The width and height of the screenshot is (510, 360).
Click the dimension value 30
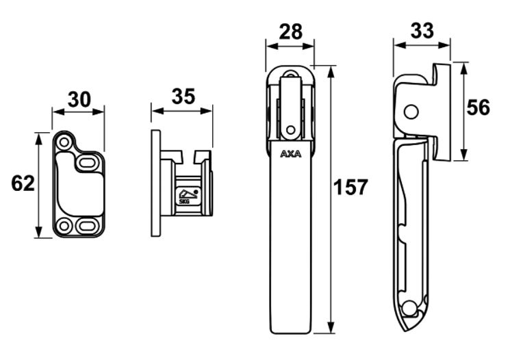pyautogui.click(x=79, y=100)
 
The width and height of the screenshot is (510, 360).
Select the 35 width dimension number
pyautogui.click(x=182, y=97)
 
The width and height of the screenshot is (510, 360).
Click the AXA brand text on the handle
pyautogui.click(x=290, y=155)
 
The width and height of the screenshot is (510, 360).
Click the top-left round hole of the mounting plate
pyautogui.click(x=65, y=142)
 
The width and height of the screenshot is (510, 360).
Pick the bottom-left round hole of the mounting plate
pyautogui.click(x=65, y=226)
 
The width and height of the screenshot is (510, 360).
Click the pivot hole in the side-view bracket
pyautogui.click(x=411, y=111)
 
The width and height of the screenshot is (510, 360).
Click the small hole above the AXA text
pyautogui.click(x=290, y=129)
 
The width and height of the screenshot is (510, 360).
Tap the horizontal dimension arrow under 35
pyautogui.click(x=182, y=110)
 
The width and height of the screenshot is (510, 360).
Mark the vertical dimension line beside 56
pyautogui.click(x=463, y=110)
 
